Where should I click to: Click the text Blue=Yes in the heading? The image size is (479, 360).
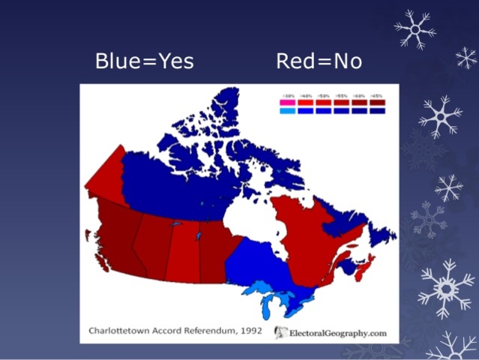(x=144, y=61)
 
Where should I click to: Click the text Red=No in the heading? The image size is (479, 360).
(x=319, y=61)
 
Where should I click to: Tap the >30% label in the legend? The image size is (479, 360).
(x=288, y=97)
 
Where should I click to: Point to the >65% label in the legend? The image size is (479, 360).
(x=376, y=97)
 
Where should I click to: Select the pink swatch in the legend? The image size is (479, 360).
(x=288, y=103)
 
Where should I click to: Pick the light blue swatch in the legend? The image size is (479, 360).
(x=288, y=111)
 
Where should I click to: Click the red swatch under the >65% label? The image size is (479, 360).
(x=376, y=103)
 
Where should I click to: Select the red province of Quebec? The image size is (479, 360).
(x=300, y=232)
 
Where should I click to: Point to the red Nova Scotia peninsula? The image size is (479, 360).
(x=363, y=269)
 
